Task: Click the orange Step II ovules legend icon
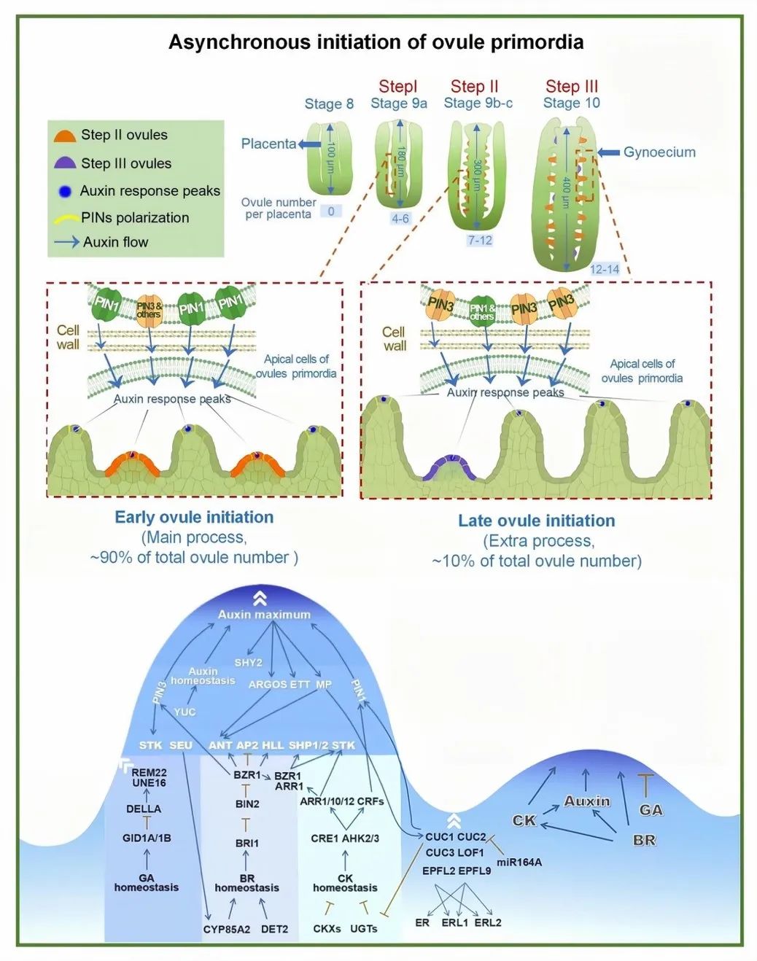point(65,136)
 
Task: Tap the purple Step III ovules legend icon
point(65,163)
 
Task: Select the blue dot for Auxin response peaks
point(66,191)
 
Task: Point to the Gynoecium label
point(659,152)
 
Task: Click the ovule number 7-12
point(480,240)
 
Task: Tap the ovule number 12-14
point(605,269)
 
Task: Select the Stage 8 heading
point(329,104)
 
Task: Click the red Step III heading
point(572,87)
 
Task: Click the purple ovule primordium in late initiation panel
point(449,467)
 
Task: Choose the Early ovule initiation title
point(194,518)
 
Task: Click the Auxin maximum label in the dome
point(264,615)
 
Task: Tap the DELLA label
point(144,809)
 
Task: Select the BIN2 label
point(247,804)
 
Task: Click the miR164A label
point(519,862)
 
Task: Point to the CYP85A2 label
point(227,929)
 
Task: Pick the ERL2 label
point(488,922)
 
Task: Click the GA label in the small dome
point(651,810)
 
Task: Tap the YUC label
point(185,712)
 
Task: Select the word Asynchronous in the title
point(238,42)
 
